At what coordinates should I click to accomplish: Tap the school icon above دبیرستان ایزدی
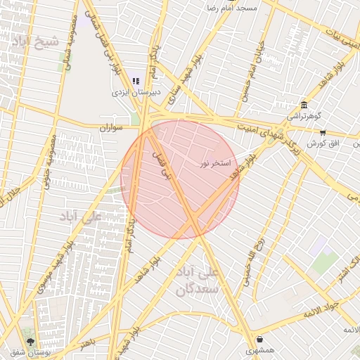[136, 82]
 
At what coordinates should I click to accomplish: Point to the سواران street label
[111, 128]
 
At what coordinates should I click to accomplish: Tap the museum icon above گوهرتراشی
[303, 105]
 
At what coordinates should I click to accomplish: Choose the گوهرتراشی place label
[303, 115]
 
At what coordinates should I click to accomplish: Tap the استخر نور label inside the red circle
[214, 163]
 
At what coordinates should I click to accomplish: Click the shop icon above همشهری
[259, 339]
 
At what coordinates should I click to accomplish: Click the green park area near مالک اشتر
[325, 262]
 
